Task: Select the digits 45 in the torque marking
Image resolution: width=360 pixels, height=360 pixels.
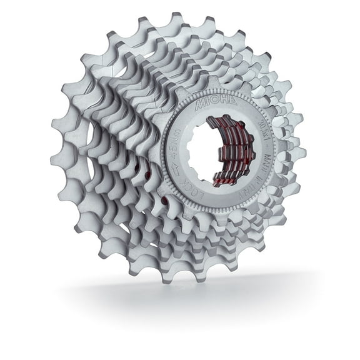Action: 174,153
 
